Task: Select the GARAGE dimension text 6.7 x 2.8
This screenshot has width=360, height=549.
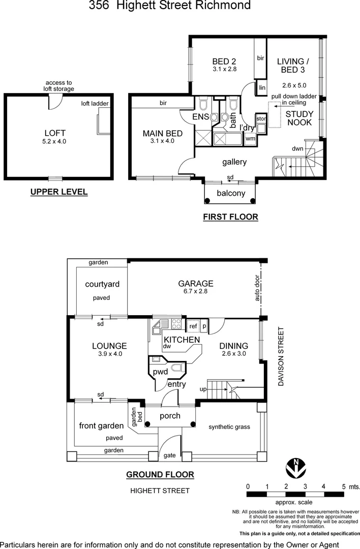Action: point(196,292)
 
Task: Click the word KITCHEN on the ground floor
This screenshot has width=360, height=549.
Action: point(181,340)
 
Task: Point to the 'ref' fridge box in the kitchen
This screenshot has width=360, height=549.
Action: point(193,326)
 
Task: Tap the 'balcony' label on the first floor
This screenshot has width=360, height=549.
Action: point(231,193)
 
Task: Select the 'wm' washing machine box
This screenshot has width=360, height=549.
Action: point(250,138)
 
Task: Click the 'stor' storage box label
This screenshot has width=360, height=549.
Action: point(261,118)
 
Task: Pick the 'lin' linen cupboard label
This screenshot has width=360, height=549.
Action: point(262,88)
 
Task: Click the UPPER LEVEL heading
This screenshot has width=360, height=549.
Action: point(58,192)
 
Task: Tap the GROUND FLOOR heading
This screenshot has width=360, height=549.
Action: point(160,475)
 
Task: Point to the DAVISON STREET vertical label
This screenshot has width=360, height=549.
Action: point(280,356)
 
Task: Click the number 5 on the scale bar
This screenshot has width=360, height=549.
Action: point(343,486)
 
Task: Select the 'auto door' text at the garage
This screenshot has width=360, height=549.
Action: point(257,289)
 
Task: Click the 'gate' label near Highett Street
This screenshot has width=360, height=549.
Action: point(169,455)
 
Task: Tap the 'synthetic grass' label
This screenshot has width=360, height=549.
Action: point(229,427)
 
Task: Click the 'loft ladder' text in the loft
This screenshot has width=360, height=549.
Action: point(95,103)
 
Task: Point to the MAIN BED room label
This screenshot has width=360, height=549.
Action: point(162,134)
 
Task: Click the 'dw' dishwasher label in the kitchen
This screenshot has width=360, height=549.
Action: point(166,347)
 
